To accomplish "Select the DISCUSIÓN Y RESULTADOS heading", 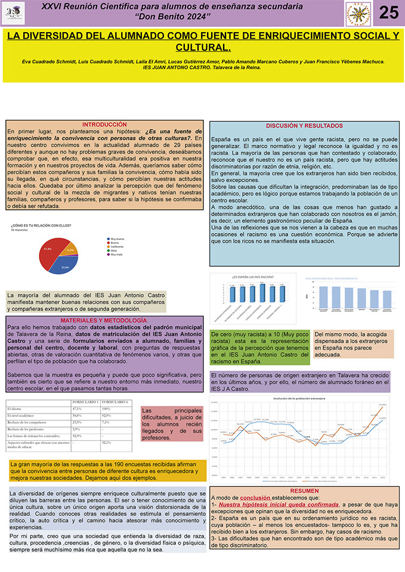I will [x=305, y=126].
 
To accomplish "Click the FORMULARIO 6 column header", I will [x=116, y=403].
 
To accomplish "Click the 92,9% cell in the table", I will [x=107, y=415].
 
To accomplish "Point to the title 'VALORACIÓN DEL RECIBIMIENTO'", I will [x=331, y=279].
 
